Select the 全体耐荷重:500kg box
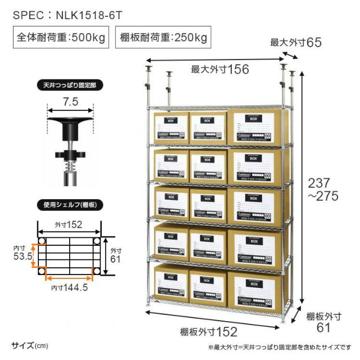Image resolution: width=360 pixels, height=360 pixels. click(x=61, y=39)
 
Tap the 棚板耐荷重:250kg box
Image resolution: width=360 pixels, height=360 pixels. click(x=163, y=39)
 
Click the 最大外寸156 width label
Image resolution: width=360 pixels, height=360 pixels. click(x=220, y=69)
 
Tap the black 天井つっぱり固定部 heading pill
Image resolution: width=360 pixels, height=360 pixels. click(x=69, y=87)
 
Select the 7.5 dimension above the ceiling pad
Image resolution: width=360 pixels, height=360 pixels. click(x=70, y=102)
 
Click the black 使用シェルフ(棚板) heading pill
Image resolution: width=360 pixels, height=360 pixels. click(x=69, y=204)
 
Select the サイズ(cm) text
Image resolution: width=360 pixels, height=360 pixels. click(x=29, y=344)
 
